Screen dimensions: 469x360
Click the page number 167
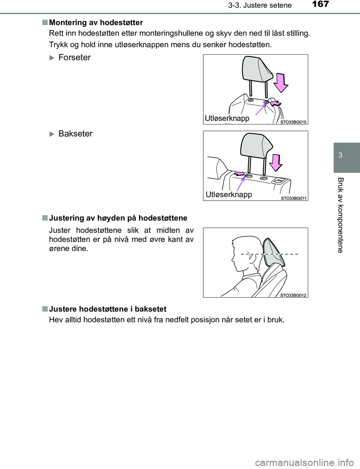tap(320, 4)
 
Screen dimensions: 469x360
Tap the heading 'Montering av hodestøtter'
tap(96, 22)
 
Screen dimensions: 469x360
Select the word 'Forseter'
tap(75, 57)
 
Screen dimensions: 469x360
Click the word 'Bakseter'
tap(75, 134)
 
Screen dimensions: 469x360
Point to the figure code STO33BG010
tap(293, 122)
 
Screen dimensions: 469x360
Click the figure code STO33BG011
tap(294, 198)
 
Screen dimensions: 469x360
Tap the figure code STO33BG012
tap(293, 295)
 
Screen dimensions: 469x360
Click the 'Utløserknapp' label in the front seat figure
tap(227, 118)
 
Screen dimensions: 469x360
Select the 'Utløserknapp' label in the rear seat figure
tap(229, 195)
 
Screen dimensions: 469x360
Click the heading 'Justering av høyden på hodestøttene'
tap(118, 218)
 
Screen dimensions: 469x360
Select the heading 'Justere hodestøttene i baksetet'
tap(108, 309)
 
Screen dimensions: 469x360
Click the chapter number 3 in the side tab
tap(340, 155)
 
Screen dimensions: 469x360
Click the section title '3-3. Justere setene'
tap(260, 5)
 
